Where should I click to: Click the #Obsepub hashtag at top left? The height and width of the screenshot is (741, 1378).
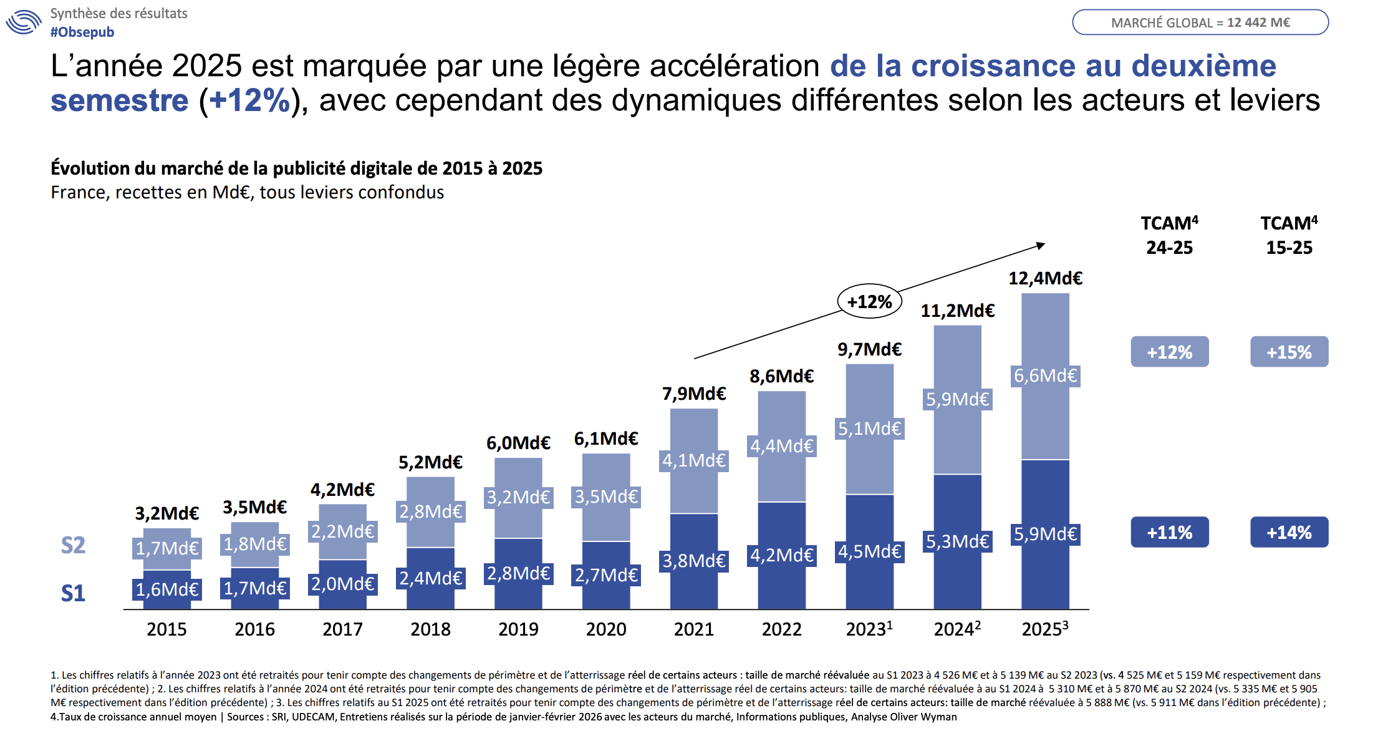(82, 32)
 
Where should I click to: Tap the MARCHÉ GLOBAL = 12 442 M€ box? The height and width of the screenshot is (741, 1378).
(1200, 22)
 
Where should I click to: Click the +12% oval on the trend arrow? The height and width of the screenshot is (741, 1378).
(869, 302)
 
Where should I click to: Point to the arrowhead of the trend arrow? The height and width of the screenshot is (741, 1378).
(1041, 245)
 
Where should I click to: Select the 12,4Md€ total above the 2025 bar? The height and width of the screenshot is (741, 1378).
(1045, 278)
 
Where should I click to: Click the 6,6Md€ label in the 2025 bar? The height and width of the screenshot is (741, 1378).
(1045, 375)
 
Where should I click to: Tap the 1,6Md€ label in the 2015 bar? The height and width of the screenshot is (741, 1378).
(167, 589)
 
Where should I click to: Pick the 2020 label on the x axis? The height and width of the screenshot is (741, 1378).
(606, 629)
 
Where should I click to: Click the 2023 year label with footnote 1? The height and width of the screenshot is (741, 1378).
(869, 629)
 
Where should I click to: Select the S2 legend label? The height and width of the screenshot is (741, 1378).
(73, 545)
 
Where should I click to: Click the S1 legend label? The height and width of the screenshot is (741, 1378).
(73, 593)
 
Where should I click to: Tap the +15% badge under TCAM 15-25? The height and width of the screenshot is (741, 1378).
(1289, 352)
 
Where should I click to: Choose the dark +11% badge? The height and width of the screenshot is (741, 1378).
(1170, 533)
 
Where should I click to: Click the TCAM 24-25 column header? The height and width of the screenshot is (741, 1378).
(1170, 235)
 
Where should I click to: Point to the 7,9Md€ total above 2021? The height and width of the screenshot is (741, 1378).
(694, 394)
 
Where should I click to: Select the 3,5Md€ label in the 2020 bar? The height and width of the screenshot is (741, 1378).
(606, 496)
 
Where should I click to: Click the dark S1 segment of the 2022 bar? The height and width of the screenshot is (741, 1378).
(782, 586)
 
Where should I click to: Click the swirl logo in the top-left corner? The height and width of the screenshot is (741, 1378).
(24, 22)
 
